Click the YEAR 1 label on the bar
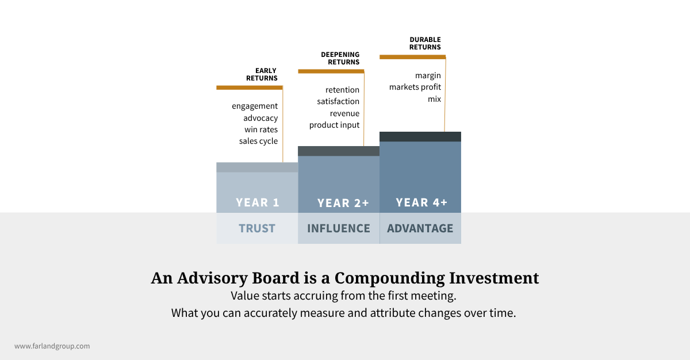(257, 202)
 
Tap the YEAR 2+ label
(343, 203)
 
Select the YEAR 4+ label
(421, 202)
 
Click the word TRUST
(257, 228)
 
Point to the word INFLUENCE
(339, 228)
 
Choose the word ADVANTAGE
(420, 228)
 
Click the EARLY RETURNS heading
(262, 74)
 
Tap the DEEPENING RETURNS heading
(340, 58)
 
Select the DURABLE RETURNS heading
(425, 43)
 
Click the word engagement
(255, 106)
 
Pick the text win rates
(261, 129)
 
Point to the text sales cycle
(258, 141)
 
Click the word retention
(342, 90)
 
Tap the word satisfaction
(338, 102)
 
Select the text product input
(334, 125)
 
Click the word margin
(428, 75)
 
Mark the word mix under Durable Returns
(434, 99)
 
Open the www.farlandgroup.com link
(52, 346)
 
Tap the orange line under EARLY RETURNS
(250, 87)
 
